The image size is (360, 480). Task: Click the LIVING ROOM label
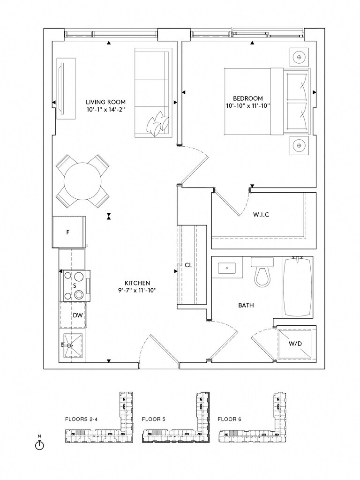pyautogui.click(x=105, y=102)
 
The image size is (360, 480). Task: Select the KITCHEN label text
pyautogui.click(x=137, y=283)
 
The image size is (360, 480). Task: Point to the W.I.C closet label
pyautogui.click(x=261, y=215)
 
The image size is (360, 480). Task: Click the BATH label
pyautogui.click(x=246, y=305)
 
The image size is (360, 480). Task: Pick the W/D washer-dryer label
pyautogui.click(x=295, y=343)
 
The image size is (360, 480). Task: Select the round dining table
pyautogui.click(x=83, y=181)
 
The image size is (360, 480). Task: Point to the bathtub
pyautogui.click(x=297, y=287)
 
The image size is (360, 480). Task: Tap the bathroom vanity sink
pyautogui.click(x=227, y=268)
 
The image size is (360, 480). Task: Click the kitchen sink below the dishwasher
pyautogui.click(x=70, y=345)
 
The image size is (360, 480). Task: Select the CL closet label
pyautogui.click(x=188, y=265)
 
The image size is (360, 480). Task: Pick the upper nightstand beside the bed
pyautogui.click(x=298, y=57)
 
